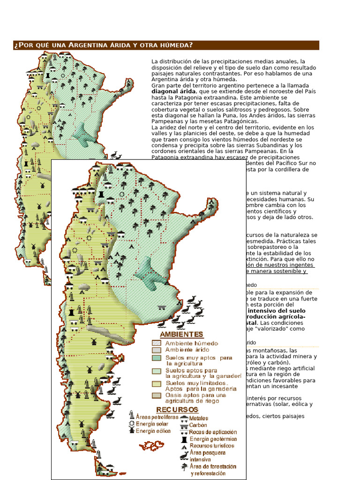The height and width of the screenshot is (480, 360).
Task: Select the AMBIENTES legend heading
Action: pyautogui.click(x=181, y=334)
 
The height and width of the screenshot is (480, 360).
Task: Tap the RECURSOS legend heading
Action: pyautogui.click(x=174, y=410)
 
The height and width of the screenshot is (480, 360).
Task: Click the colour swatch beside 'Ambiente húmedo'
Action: pyautogui.click(x=157, y=343)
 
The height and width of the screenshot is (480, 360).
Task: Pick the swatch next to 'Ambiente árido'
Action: pyautogui.click(x=157, y=350)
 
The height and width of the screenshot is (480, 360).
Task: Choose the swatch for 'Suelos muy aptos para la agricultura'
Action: pyautogui.click(x=157, y=358)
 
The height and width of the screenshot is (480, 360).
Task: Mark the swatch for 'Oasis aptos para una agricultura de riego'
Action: pyautogui.click(x=157, y=395)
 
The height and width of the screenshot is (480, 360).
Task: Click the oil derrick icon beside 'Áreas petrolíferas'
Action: pyautogui.click(x=132, y=415)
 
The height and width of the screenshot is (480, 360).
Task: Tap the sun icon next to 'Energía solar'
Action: pyautogui.click(x=132, y=423)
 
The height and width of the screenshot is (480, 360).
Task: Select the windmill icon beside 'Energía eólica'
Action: pyautogui.click(x=132, y=431)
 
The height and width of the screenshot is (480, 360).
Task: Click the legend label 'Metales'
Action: pyautogui.click(x=199, y=418)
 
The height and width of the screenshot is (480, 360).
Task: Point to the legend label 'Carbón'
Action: pyautogui.click(x=198, y=425)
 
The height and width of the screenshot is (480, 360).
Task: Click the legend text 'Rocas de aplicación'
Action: pyautogui.click(x=213, y=432)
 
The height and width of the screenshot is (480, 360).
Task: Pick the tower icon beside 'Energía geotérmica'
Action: pyautogui.click(x=183, y=439)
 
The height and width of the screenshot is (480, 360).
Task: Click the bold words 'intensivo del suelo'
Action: pyautogui.click(x=276, y=311)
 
